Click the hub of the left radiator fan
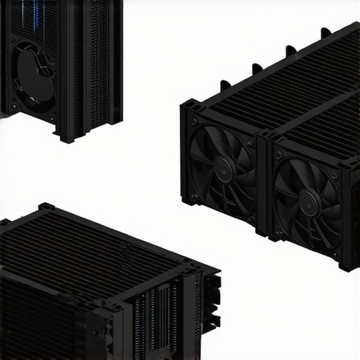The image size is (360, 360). (224, 167)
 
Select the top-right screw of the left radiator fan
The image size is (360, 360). (249, 143)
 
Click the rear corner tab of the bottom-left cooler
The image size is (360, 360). (46, 207)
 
